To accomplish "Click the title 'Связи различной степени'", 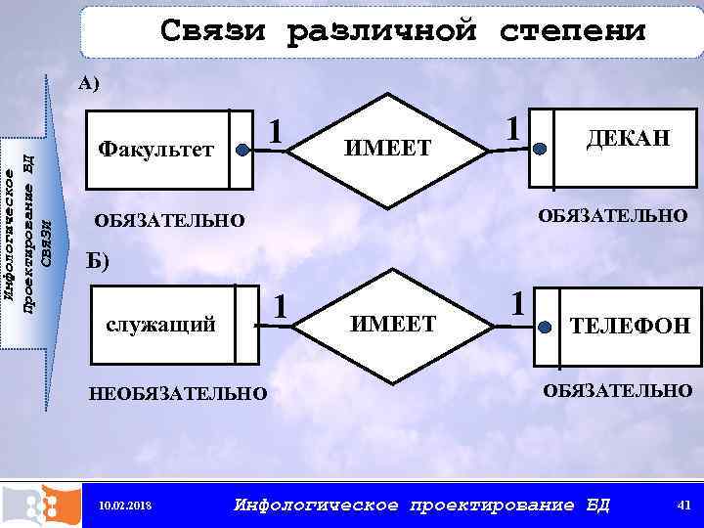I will pos(403,32).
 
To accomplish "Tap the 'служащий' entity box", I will pos(167,325).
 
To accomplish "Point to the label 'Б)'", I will pos(99,260).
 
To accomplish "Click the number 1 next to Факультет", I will pos(279,130).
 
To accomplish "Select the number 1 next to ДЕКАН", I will pos(510,127).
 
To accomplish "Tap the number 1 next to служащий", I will pos(282,307).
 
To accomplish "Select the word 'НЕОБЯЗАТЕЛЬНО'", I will pos(177,394).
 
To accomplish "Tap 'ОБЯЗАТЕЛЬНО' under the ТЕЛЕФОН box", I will pos(617,391).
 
